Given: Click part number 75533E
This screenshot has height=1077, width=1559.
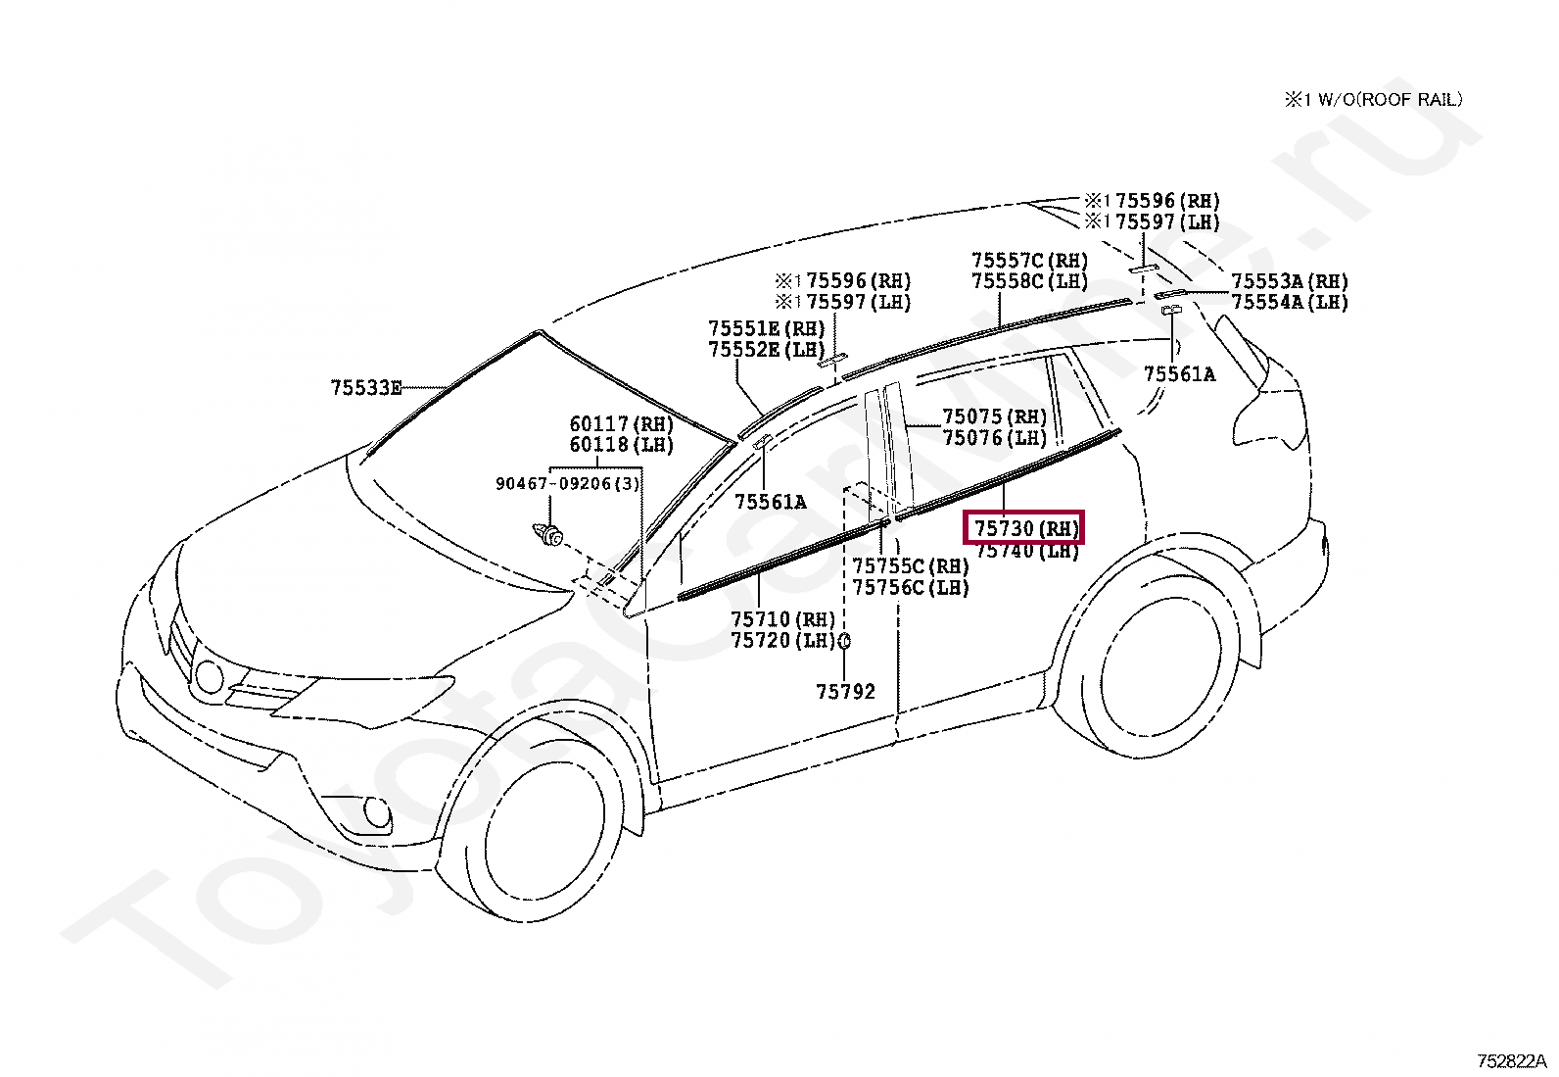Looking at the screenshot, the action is point(366,388).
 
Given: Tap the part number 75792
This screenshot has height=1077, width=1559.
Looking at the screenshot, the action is point(845,692).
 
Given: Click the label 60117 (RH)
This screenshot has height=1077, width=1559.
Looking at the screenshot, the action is point(622,424).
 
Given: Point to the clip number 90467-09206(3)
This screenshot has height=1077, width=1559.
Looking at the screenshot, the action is point(567,484).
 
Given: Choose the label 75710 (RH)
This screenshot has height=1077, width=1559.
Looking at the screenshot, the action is point(782,619).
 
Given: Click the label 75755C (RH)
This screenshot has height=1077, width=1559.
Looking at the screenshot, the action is point(910,566).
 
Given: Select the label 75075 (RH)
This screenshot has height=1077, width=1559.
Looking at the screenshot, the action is point(994,416).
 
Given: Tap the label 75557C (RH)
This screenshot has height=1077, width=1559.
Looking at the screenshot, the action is point(1029,261).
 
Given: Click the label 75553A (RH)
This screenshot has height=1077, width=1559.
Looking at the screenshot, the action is point(1289,282).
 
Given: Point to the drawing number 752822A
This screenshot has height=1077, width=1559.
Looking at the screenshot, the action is point(1511,1060).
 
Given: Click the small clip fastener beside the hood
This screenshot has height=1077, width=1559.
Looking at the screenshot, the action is point(548,535).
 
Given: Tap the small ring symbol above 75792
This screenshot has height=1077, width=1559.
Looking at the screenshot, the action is point(844,642).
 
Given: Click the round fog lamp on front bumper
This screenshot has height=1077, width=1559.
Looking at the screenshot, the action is point(375,811).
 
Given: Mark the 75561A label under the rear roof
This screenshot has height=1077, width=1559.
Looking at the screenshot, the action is point(1179,373).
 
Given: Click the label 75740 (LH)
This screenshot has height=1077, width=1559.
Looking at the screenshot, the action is point(1027,552).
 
